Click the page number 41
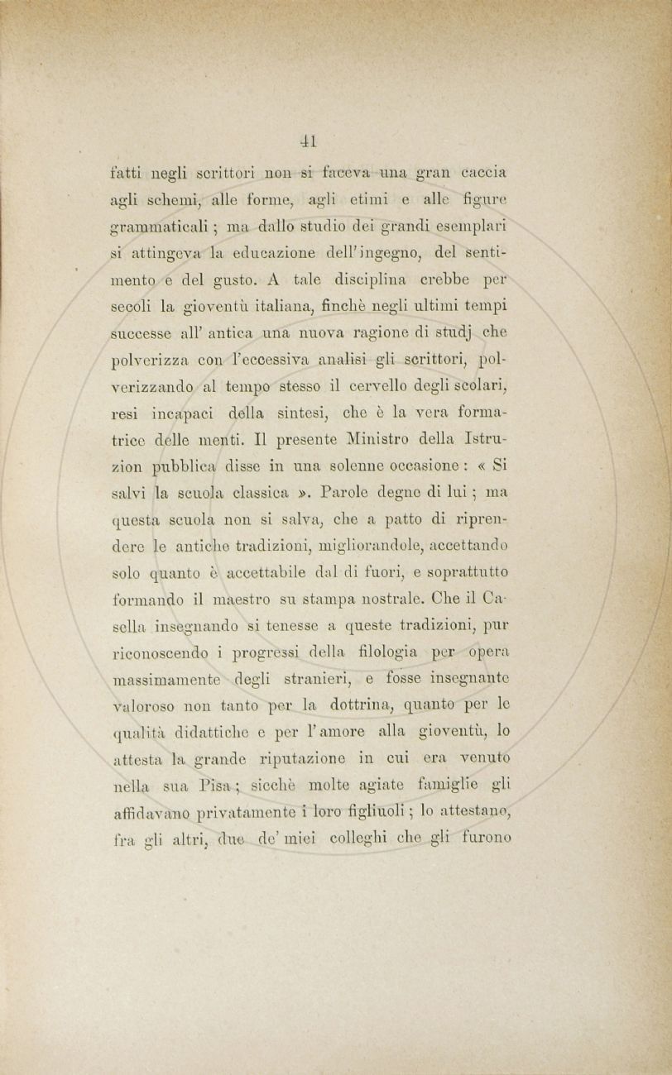(310, 141)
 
